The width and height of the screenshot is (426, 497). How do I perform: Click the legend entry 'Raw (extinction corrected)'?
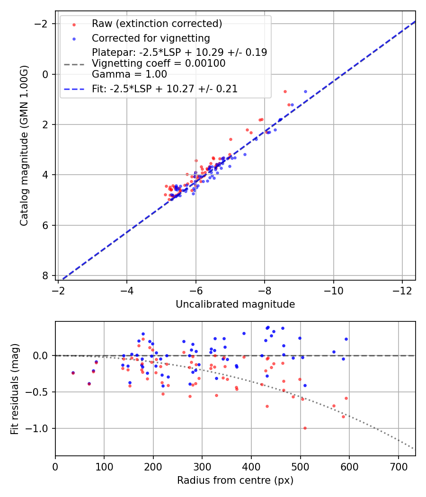pos(157,24)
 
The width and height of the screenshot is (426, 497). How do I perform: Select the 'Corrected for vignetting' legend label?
pos(151,38)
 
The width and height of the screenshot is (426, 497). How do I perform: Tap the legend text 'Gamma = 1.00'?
pos(129,74)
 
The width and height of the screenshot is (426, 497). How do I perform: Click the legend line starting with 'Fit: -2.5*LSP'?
pos(165,89)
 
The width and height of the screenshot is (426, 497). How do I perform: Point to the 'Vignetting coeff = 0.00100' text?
pos(159,63)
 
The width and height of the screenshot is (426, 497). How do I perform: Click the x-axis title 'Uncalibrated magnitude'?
pos(235,304)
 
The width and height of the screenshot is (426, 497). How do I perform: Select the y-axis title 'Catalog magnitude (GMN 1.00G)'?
pos(24,146)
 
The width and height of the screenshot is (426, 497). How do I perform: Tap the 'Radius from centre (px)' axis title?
pos(235,480)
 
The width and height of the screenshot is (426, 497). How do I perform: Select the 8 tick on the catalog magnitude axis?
pos(46,275)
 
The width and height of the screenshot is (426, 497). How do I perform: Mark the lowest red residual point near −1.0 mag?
pos(305,428)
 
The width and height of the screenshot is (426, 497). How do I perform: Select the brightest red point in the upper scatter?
pos(285,91)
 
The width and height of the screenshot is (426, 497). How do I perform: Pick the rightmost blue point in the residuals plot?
pos(346,339)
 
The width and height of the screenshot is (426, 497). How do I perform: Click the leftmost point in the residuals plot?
pos(73,373)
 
